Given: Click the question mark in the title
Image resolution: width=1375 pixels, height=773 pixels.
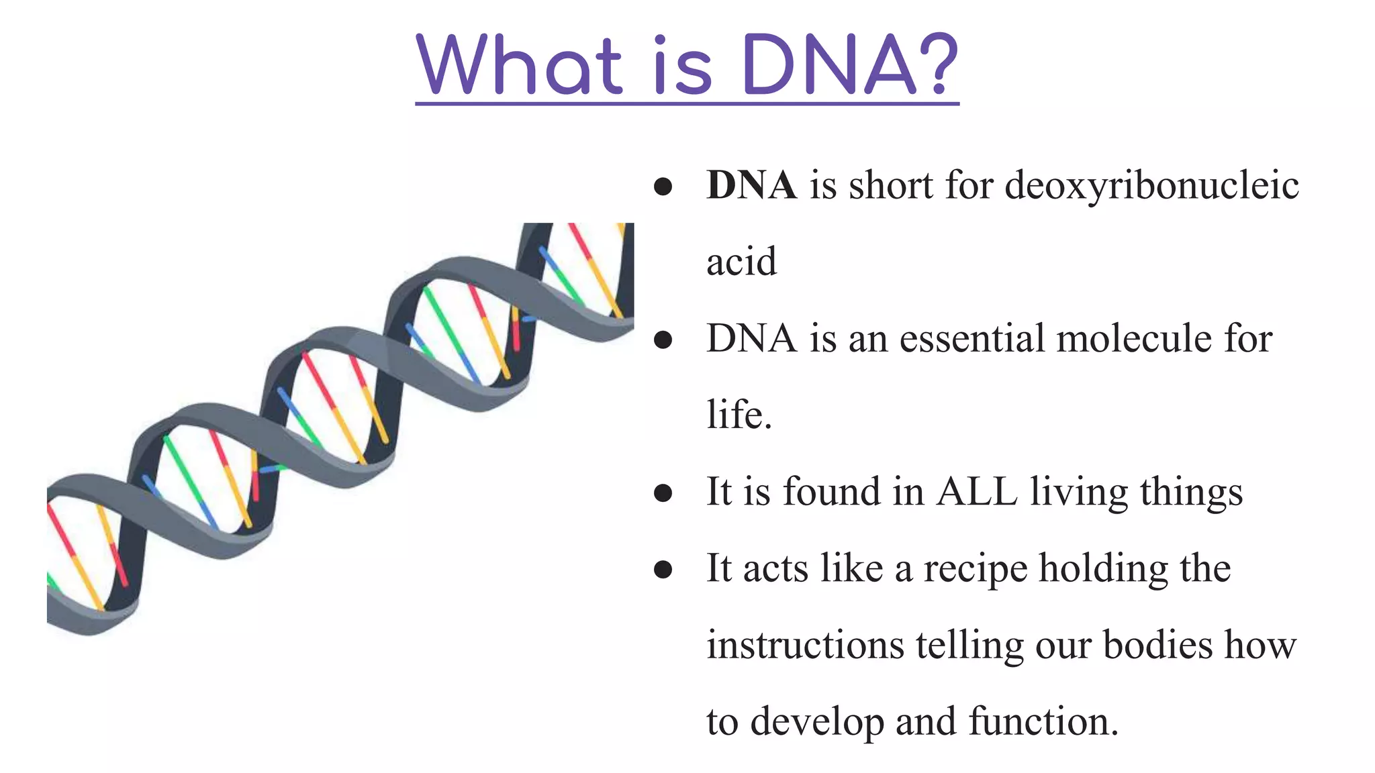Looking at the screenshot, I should pyautogui.click(x=935, y=65).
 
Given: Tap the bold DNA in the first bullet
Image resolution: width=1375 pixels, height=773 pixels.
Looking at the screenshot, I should pyautogui.click(x=751, y=185).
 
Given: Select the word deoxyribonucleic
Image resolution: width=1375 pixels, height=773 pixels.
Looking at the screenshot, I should pyautogui.click(x=1151, y=187).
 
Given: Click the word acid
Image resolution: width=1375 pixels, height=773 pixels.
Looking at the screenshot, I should pyautogui.click(x=741, y=262).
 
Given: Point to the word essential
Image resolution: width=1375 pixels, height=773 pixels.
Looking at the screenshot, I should pyautogui.click(x=971, y=338).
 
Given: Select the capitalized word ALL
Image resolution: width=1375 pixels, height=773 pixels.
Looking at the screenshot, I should pyautogui.click(x=977, y=492).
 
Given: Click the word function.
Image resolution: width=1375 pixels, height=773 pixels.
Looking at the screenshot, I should pyautogui.click(x=1042, y=722).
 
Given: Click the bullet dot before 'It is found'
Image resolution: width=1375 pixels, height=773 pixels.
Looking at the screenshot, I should pyautogui.click(x=663, y=493).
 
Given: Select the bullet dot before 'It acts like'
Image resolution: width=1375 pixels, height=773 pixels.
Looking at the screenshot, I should pyautogui.click(x=663, y=570).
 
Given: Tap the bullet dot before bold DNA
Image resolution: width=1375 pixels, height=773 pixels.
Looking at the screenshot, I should pyautogui.click(x=663, y=187).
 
